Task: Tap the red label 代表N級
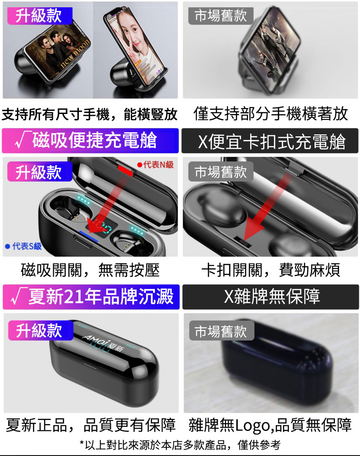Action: pos(155,165)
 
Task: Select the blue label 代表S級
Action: pos(24,246)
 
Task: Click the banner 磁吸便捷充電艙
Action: pos(90,141)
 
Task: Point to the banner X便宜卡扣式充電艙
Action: pos(270,141)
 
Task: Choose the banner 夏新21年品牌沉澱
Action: pos(91,297)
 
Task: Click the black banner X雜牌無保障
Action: pos(271,297)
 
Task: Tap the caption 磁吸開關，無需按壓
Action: pos(90,270)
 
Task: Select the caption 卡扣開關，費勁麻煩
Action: pos(271,270)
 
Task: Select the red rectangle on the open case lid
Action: pos(125,170)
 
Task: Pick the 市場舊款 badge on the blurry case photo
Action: pos(221,331)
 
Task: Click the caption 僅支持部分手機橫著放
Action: pos(271,114)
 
